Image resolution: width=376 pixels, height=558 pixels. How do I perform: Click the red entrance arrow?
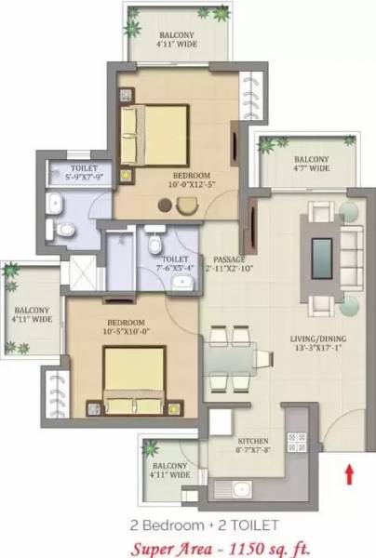pos(349,474)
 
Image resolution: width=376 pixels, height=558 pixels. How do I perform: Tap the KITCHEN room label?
pos(254,439)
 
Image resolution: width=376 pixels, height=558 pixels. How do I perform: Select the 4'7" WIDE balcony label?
pos(307,164)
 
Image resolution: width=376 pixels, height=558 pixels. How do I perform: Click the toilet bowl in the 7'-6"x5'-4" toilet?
pos(155,244)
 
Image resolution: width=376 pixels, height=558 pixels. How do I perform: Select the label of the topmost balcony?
pos(177,37)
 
